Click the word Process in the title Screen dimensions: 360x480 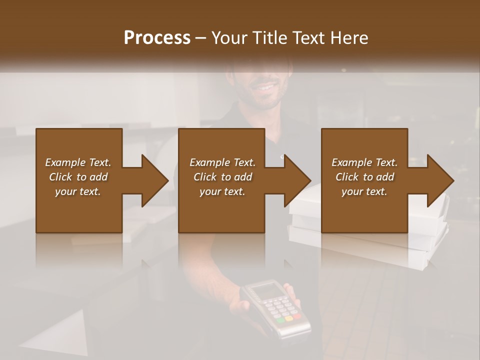click(157, 38)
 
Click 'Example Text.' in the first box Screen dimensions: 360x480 click(78, 162)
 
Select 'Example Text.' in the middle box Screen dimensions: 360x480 click(222, 162)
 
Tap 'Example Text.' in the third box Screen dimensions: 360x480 click(364, 162)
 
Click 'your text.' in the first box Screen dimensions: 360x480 click(78, 191)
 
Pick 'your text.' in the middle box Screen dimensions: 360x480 click(222, 191)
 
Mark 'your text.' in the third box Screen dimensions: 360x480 click(364, 191)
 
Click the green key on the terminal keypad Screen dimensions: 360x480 click(280, 319)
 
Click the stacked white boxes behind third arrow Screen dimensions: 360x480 click(430, 240)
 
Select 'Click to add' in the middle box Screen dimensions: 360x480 click(222, 177)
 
